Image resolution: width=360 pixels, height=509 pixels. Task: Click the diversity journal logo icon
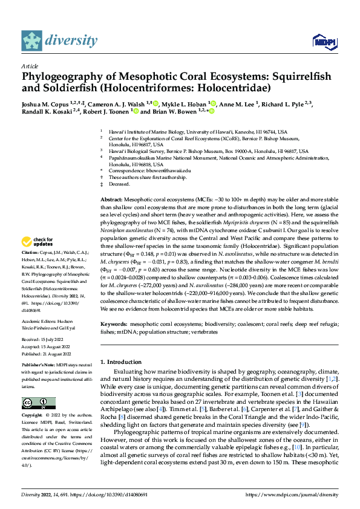click(x=32, y=41)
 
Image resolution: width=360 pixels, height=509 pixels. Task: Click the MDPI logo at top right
click(x=324, y=41)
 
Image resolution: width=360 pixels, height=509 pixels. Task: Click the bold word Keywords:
click(x=115, y=325)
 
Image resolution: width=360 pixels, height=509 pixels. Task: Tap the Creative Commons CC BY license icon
click(x=39, y=403)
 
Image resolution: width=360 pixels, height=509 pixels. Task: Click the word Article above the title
click(x=30, y=66)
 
